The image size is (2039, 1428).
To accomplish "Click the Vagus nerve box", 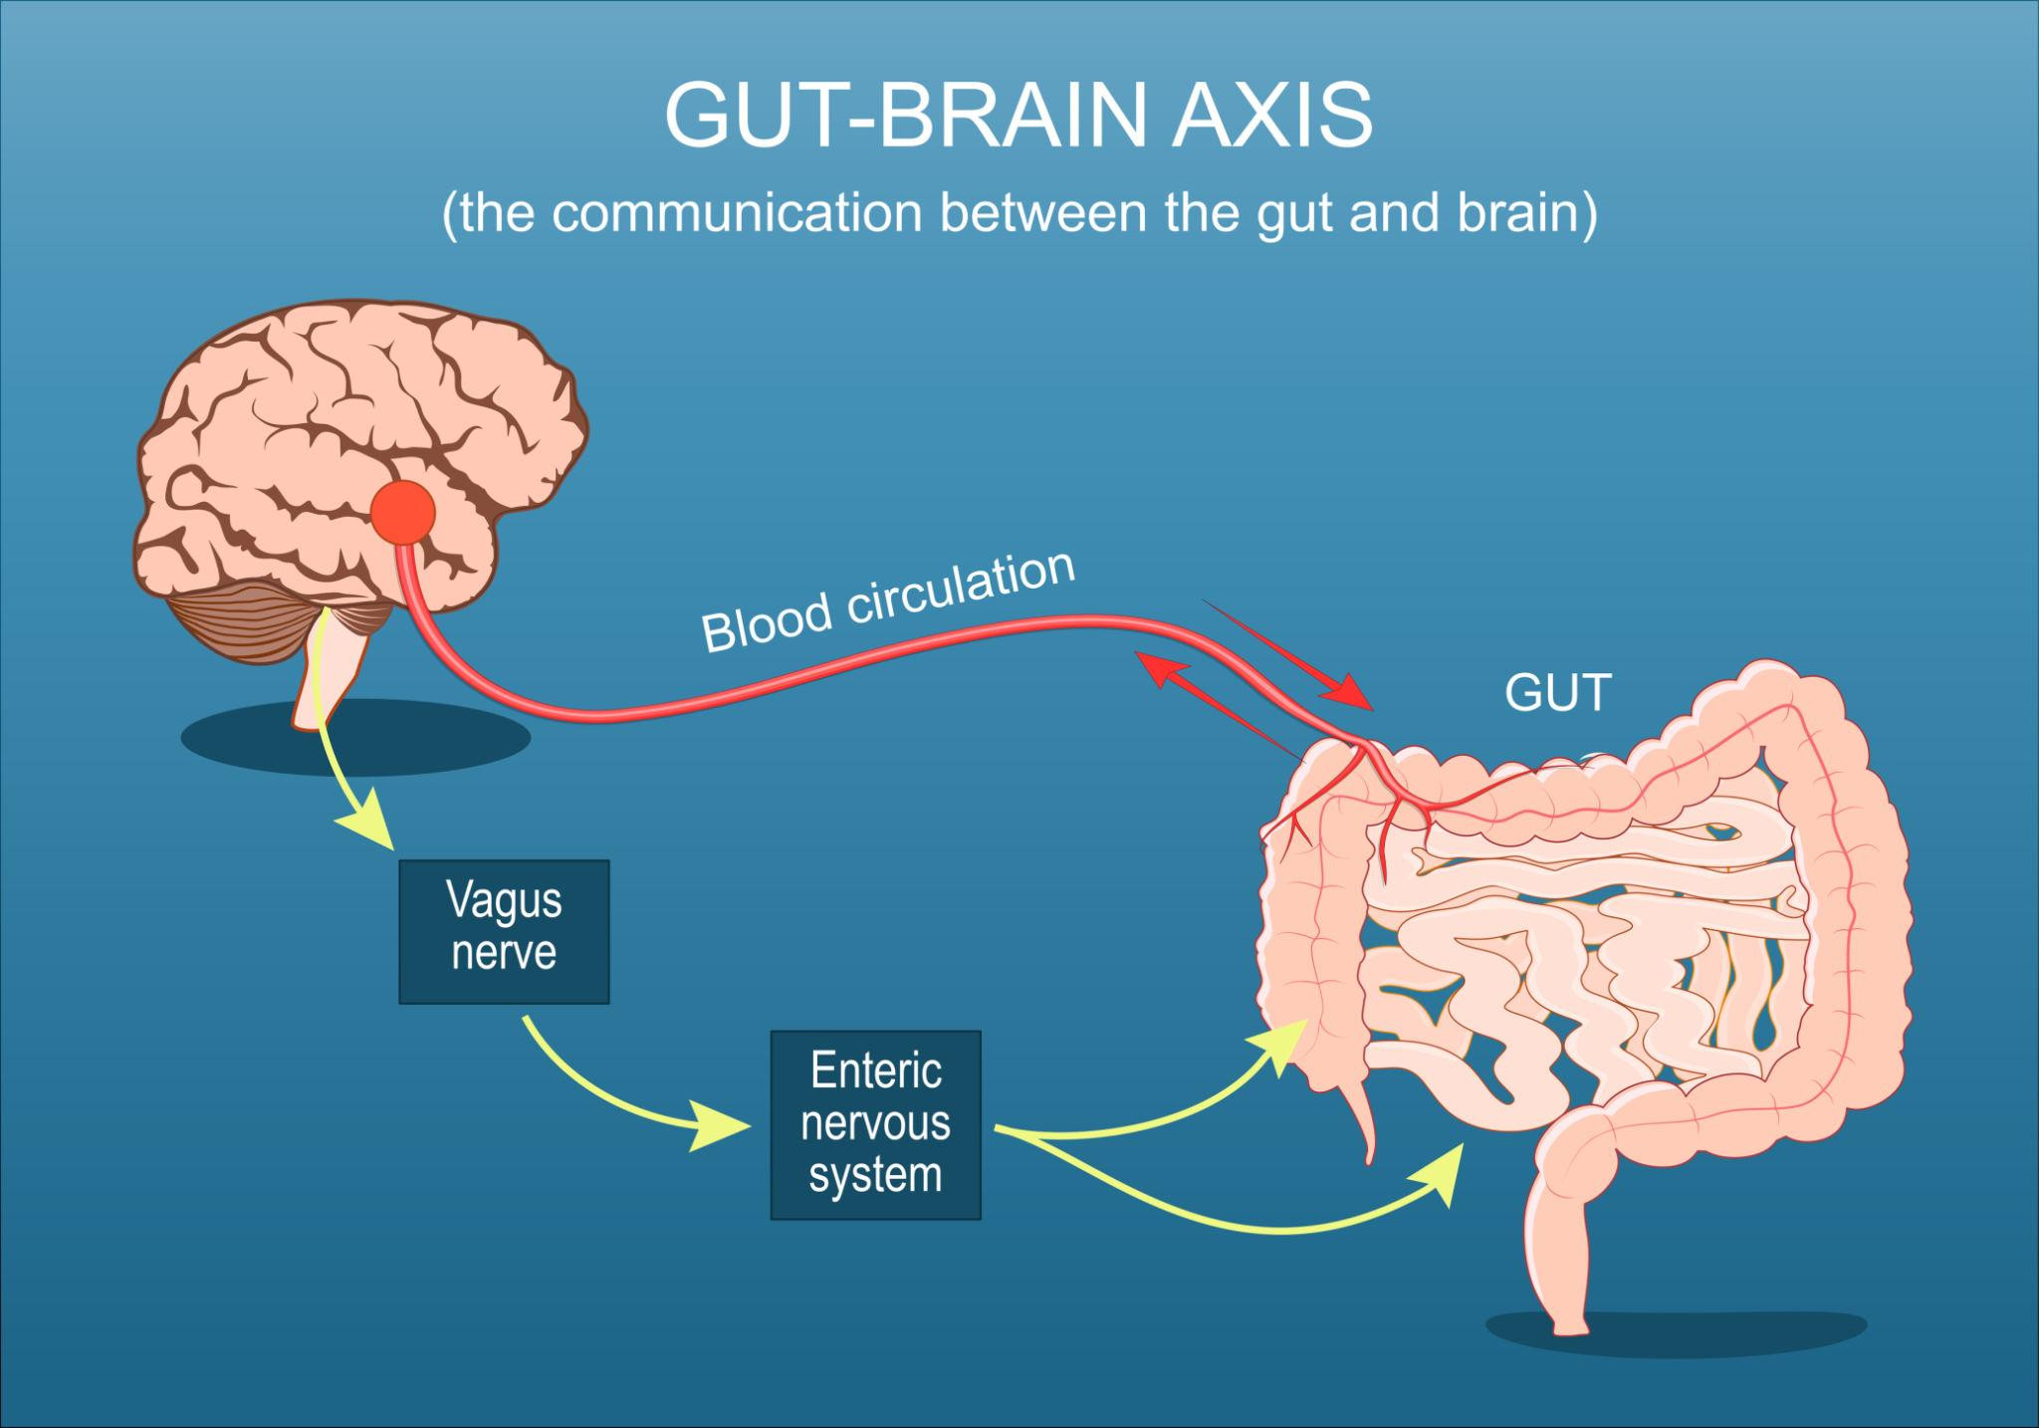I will [504, 930].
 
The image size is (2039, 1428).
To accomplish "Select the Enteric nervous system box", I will [875, 1124].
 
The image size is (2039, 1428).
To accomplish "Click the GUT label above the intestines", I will [1557, 693].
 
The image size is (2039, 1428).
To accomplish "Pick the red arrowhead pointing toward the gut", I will [1357, 694].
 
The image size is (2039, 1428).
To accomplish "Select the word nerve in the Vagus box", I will [504, 953].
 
